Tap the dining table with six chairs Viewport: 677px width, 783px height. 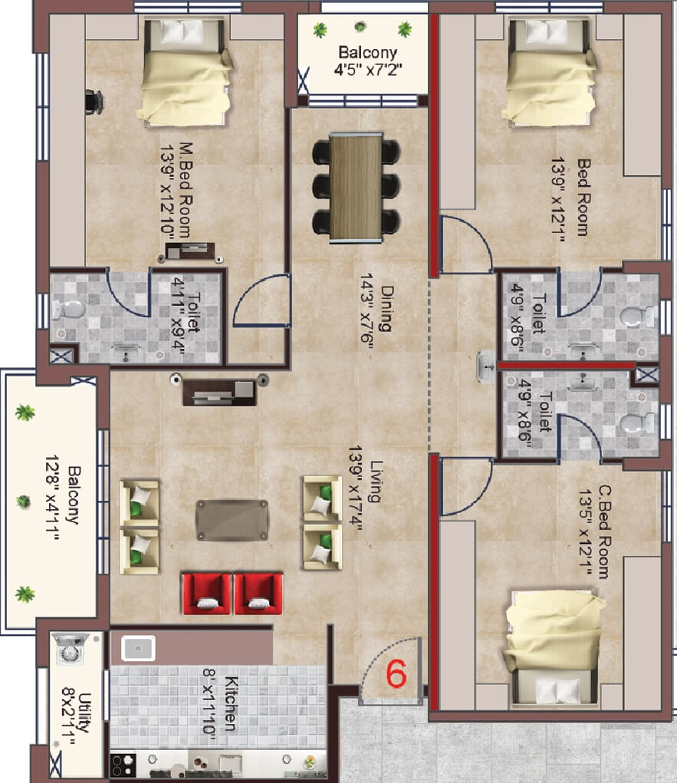click(356, 187)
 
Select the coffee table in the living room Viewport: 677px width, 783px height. click(232, 520)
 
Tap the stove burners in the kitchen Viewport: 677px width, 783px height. click(123, 764)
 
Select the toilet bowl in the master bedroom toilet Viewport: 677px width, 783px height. click(67, 311)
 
